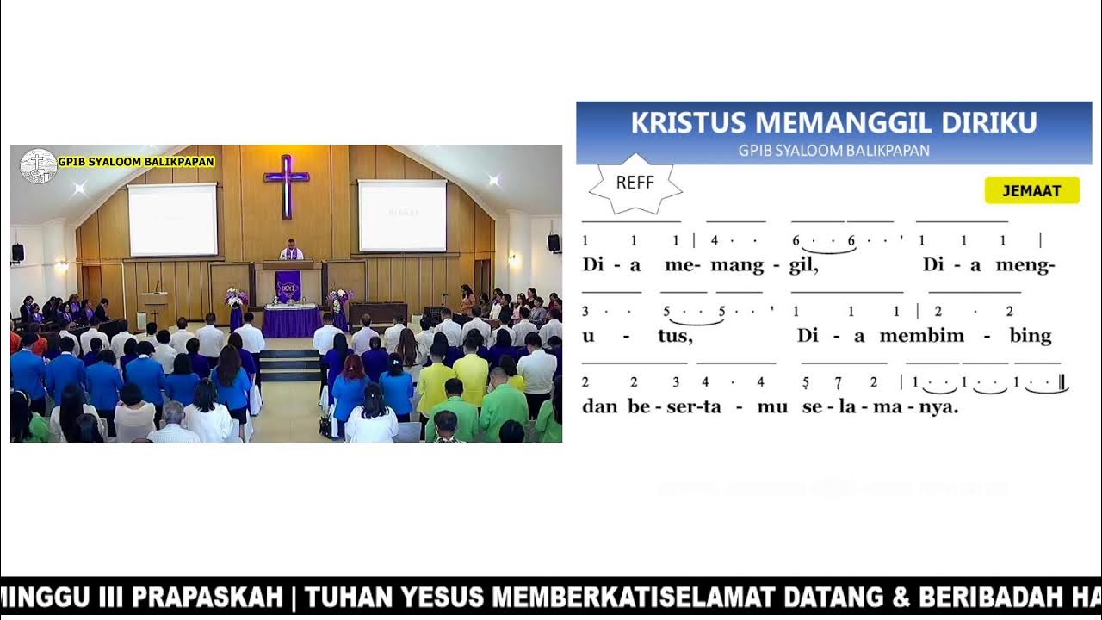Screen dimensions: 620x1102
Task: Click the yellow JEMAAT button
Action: [x=1031, y=191]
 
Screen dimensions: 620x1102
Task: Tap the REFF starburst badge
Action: [x=635, y=183]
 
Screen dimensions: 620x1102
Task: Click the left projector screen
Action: [x=172, y=220]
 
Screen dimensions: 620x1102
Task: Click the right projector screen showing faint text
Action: [x=402, y=215]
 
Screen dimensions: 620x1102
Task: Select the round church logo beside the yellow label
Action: [x=38, y=166]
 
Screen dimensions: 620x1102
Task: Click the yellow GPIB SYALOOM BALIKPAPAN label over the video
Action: [x=135, y=161]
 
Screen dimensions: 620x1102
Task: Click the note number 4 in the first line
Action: [x=715, y=241]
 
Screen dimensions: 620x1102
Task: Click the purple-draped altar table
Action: [x=292, y=319]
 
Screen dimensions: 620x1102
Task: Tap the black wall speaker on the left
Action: [x=17, y=252]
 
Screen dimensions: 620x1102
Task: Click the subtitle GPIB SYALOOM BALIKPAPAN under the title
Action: [x=833, y=150]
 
